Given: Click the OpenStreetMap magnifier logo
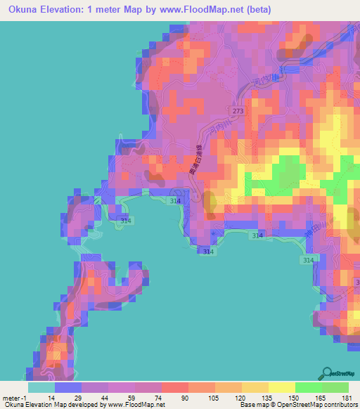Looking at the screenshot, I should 328,373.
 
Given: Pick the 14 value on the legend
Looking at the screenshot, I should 52,397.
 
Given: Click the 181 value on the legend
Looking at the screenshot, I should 345,397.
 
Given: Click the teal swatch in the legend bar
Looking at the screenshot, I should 41,387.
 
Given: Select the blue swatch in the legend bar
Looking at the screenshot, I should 68,387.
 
